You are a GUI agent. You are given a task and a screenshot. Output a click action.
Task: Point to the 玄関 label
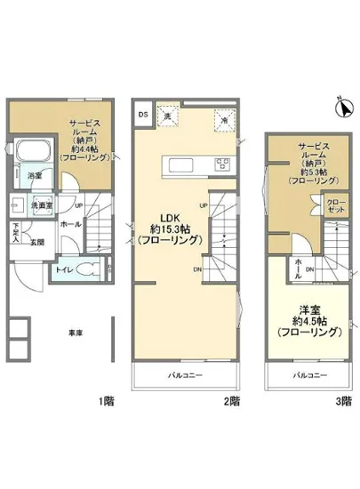(x=36, y=242)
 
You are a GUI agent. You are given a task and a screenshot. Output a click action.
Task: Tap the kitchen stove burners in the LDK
(x=220, y=163)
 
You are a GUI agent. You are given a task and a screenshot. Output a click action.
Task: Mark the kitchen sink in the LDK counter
(x=174, y=163)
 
